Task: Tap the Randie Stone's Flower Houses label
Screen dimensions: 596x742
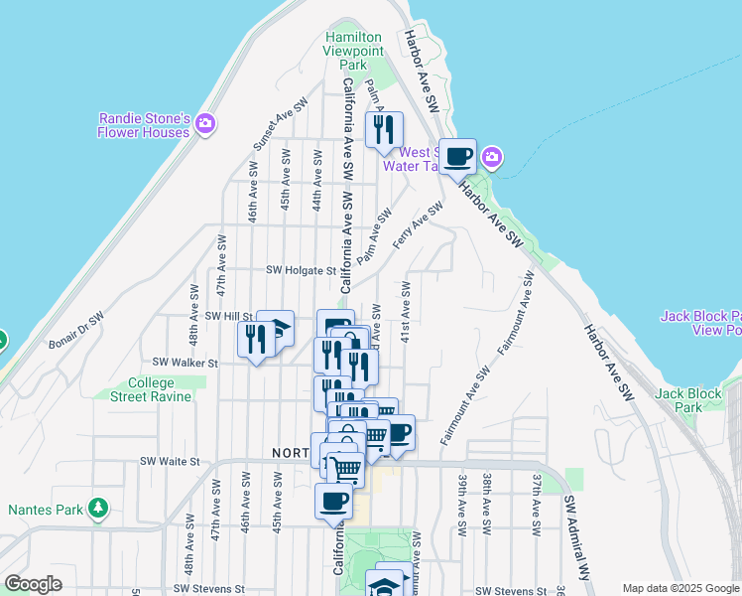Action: (144, 124)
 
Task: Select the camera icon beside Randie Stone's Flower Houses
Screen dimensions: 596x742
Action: (205, 124)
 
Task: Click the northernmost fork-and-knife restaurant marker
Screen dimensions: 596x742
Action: (383, 129)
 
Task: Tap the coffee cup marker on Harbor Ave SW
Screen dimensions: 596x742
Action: (457, 156)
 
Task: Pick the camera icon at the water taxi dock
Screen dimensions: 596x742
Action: (491, 157)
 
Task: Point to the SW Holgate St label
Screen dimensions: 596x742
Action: (302, 270)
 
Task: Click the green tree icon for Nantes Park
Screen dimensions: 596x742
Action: (97, 509)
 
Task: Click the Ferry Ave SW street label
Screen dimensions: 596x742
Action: (417, 225)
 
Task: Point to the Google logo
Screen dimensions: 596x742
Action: (33, 585)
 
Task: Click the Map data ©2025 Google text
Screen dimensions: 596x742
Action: (680, 588)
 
